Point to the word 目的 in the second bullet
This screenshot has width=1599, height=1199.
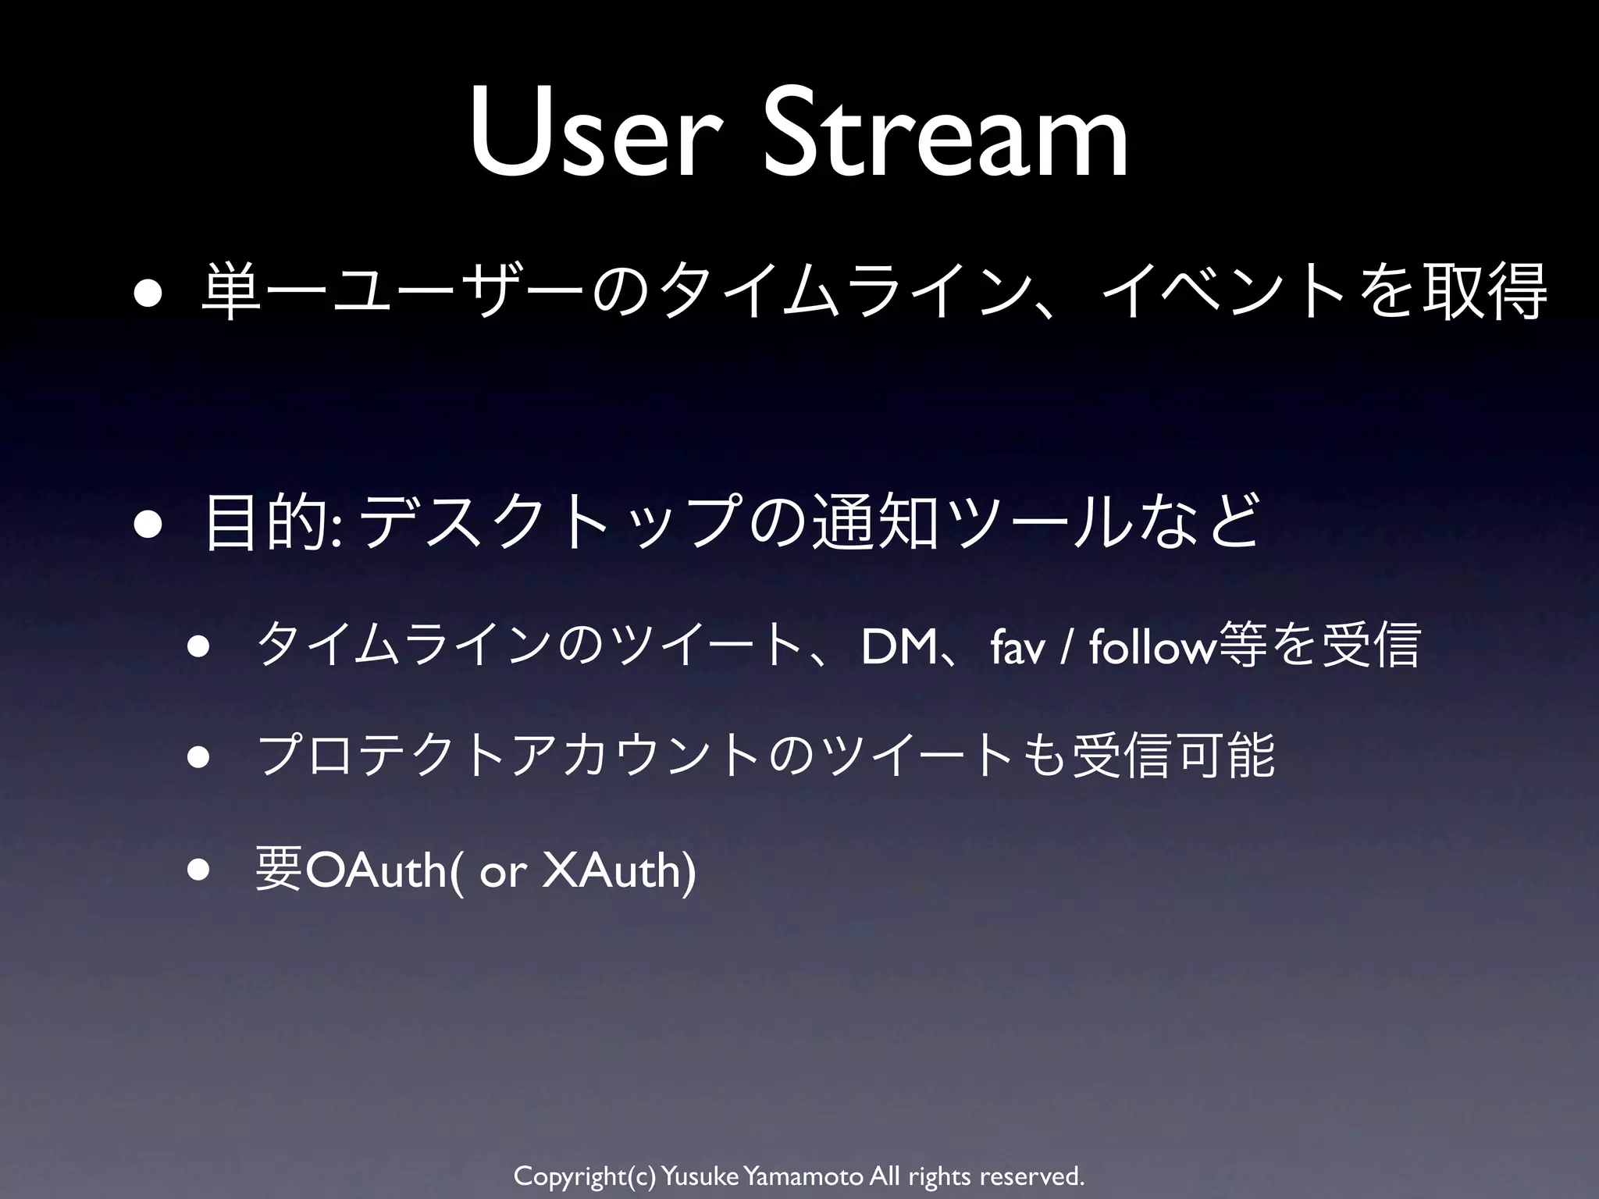pos(265,521)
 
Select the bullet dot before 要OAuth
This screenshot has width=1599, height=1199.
pos(200,871)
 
